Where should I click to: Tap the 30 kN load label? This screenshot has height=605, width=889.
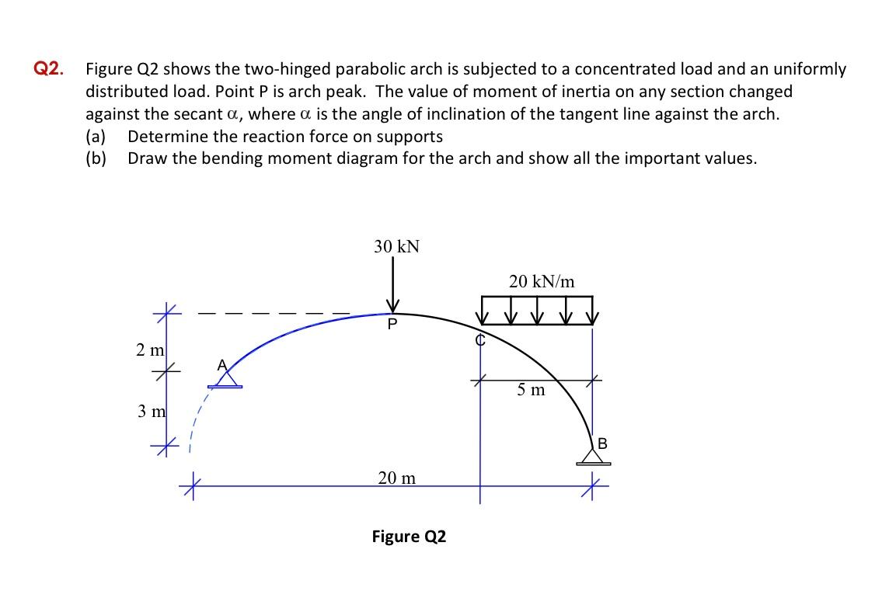396,247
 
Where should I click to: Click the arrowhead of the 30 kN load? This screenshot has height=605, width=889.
393,304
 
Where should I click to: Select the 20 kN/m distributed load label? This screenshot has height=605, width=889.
542,282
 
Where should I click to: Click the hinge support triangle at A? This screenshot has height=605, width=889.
226,379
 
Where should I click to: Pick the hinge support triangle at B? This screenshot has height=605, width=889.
594,456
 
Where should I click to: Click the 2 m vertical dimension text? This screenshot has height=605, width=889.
148,349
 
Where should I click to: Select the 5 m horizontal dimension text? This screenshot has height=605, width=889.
532,390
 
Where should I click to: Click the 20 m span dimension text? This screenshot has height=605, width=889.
396,478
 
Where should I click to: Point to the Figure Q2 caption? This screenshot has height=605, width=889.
409,537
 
